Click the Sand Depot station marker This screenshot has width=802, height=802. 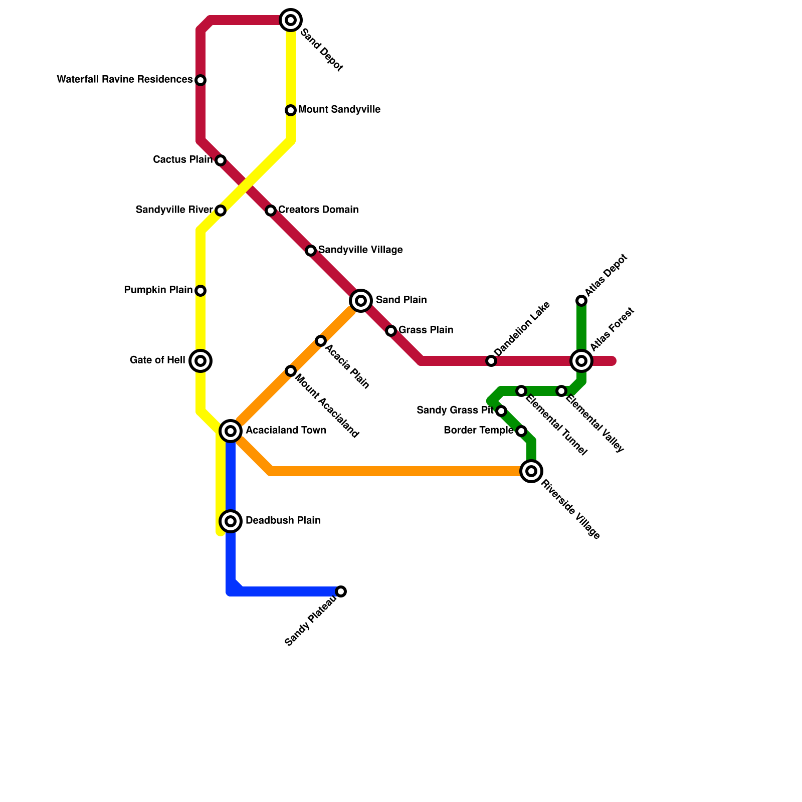[291, 20]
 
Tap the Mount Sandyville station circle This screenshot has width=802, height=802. [291, 110]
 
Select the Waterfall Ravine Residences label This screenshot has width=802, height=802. [124, 80]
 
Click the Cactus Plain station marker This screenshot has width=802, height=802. [221, 160]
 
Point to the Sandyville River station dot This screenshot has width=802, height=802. [221, 211]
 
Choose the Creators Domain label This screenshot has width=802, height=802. [318, 210]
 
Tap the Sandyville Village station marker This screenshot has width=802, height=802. [311, 251]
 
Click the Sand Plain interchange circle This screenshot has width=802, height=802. [361, 301]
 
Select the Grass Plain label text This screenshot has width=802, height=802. [426, 330]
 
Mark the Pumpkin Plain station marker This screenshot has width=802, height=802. [200, 291]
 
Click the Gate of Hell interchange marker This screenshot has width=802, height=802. [200, 361]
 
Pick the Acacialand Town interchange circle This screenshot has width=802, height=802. [231, 431]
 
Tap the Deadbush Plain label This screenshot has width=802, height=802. [283, 520]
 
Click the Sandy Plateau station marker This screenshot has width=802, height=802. [341, 591]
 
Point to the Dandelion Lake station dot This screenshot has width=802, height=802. [491, 361]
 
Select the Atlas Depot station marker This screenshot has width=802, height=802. [581, 301]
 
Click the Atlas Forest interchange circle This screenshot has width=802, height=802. [581, 361]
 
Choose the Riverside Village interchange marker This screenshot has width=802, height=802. [531, 471]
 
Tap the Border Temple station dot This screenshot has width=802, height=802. [521, 431]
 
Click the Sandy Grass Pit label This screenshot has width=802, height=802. [455, 411]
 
